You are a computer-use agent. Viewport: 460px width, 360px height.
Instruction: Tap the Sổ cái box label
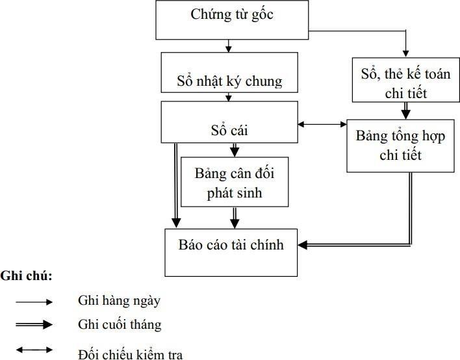click(229, 131)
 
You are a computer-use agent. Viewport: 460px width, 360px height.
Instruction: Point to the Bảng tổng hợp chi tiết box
click(399, 146)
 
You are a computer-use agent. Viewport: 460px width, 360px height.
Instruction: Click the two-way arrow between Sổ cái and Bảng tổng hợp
click(322, 124)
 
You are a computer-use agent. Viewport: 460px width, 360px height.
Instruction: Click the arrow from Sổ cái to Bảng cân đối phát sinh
click(234, 151)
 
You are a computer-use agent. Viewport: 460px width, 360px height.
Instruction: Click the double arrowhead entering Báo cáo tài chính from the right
click(304, 245)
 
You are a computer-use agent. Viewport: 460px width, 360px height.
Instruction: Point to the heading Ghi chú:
click(27, 276)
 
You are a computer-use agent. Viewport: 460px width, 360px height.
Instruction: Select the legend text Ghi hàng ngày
click(119, 300)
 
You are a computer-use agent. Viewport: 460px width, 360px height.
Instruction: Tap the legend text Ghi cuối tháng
click(120, 324)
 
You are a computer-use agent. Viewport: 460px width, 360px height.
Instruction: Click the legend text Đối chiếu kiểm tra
click(130, 354)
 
